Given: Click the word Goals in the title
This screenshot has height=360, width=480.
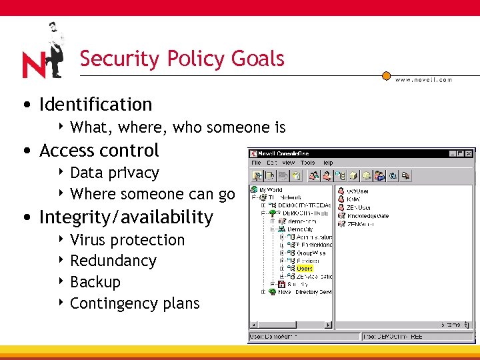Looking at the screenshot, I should point(258,59).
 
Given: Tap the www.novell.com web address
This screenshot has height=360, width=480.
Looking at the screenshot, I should point(423,79).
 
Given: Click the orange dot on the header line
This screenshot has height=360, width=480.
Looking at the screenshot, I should point(385,76).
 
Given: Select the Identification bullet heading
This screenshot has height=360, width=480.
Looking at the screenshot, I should point(95,105).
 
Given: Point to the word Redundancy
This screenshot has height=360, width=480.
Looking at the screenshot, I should point(113,261).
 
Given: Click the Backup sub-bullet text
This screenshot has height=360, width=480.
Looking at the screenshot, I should point(95,282).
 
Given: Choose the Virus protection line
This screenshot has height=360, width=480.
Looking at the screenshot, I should point(127,240).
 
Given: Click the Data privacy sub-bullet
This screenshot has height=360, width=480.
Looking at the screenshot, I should point(114,173).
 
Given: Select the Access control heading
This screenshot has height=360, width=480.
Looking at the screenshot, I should point(99,151).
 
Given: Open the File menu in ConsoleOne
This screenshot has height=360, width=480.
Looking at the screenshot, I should point(255,163).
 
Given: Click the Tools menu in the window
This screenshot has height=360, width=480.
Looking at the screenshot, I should point(307,163).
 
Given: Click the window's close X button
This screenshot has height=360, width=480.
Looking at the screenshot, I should point(469,153).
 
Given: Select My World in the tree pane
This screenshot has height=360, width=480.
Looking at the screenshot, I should point(271,190).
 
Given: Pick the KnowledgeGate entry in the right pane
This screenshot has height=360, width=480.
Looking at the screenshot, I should point(367,216).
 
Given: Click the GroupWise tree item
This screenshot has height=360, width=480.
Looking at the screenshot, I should point(309,253).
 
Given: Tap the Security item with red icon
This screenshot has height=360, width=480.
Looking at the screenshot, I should point(297,283).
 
